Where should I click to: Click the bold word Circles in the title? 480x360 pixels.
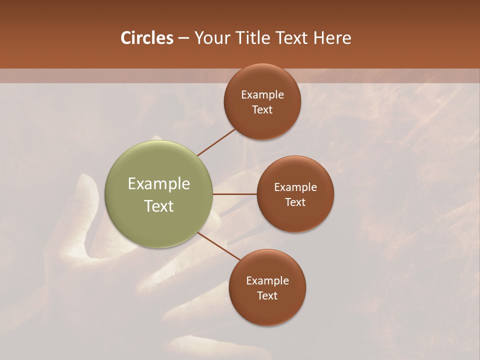[146, 38]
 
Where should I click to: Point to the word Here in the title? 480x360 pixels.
[332, 38]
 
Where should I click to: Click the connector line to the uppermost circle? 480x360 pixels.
[216, 141]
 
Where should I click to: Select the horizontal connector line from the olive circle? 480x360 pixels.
[234, 194]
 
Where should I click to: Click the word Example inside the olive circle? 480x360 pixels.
[159, 184]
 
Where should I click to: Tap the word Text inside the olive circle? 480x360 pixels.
[159, 206]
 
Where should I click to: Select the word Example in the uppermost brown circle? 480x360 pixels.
[262, 95]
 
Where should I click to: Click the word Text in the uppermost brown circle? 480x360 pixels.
[262, 110]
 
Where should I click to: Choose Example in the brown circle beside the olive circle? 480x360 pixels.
[295, 187]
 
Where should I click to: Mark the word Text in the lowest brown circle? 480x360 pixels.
[267, 296]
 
